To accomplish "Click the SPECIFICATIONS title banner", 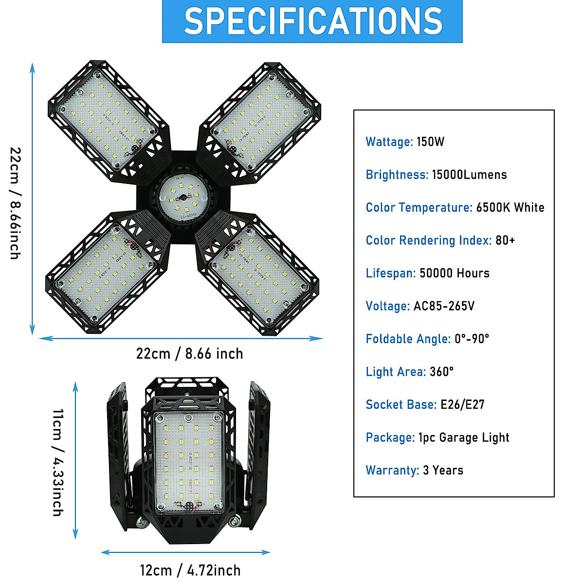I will click(x=312, y=21).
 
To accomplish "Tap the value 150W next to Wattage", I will click(x=430, y=142).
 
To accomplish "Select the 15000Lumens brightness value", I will click(x=469, y=175).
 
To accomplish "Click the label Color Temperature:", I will click(x=419, y=207).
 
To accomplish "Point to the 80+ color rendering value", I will click(x=505, y=240).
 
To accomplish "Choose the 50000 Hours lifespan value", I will click(x=454, y=273).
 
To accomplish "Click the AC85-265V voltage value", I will click(x=444, y=306).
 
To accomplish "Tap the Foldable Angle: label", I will click(x=408, y=339).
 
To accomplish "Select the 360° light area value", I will click(x=441, y=372).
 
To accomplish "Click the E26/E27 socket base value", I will click(x=462, y=404).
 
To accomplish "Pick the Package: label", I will click(x=390, y=438).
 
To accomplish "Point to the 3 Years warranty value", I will click(x=443, y=470).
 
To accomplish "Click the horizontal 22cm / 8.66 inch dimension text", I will click(x=189, y=354).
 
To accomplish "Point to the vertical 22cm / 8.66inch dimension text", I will click(x=16, y=203).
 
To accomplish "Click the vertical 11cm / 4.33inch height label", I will click(x=58, y=462).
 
